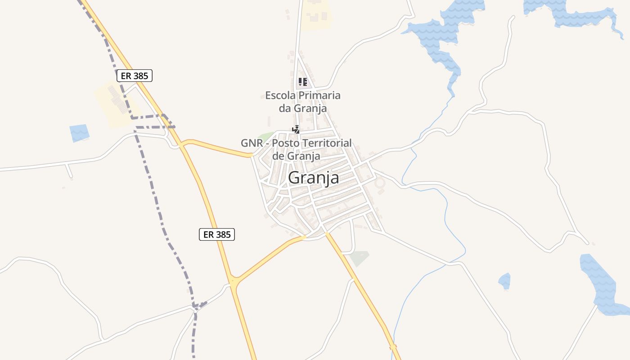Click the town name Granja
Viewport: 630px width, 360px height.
[313, 177]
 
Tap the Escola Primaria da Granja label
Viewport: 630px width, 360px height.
[302, 102]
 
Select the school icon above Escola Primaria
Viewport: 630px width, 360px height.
[302, 82]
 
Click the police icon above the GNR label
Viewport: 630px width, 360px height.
[296, 130]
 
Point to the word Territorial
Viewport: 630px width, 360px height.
[324, 143]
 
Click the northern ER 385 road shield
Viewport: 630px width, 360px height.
[135, 76]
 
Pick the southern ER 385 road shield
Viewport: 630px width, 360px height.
[217, 234]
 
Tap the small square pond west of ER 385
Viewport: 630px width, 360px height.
[79, 133]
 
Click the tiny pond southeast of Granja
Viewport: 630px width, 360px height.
[504, 281]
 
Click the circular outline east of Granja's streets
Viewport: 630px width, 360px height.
[380, 183]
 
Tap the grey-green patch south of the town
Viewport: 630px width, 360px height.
[359, 258]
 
